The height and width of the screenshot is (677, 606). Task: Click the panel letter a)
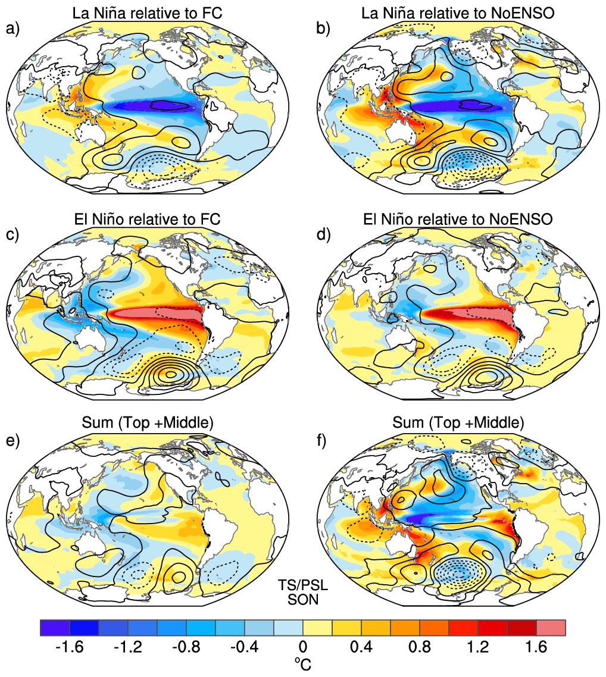13,29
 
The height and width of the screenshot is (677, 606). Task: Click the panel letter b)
323,29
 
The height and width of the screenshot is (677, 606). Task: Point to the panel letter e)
13,441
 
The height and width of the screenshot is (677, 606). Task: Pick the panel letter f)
321,441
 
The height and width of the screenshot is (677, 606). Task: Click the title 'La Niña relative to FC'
147,13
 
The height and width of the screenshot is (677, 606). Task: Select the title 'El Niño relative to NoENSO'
458,219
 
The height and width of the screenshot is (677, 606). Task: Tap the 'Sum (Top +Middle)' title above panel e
147,422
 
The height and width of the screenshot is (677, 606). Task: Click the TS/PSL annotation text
303,585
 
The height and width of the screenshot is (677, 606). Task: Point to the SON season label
303,600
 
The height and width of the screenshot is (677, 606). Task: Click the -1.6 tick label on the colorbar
69,647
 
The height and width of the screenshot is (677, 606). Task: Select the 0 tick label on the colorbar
303,647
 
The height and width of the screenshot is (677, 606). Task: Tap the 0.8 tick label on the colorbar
420,647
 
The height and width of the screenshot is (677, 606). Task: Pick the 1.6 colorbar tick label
536,647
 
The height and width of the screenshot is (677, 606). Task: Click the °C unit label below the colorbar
303,665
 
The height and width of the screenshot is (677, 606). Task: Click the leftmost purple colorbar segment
55,628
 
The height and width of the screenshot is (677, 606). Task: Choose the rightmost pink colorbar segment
551,628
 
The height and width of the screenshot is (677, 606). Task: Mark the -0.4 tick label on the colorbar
245,647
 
